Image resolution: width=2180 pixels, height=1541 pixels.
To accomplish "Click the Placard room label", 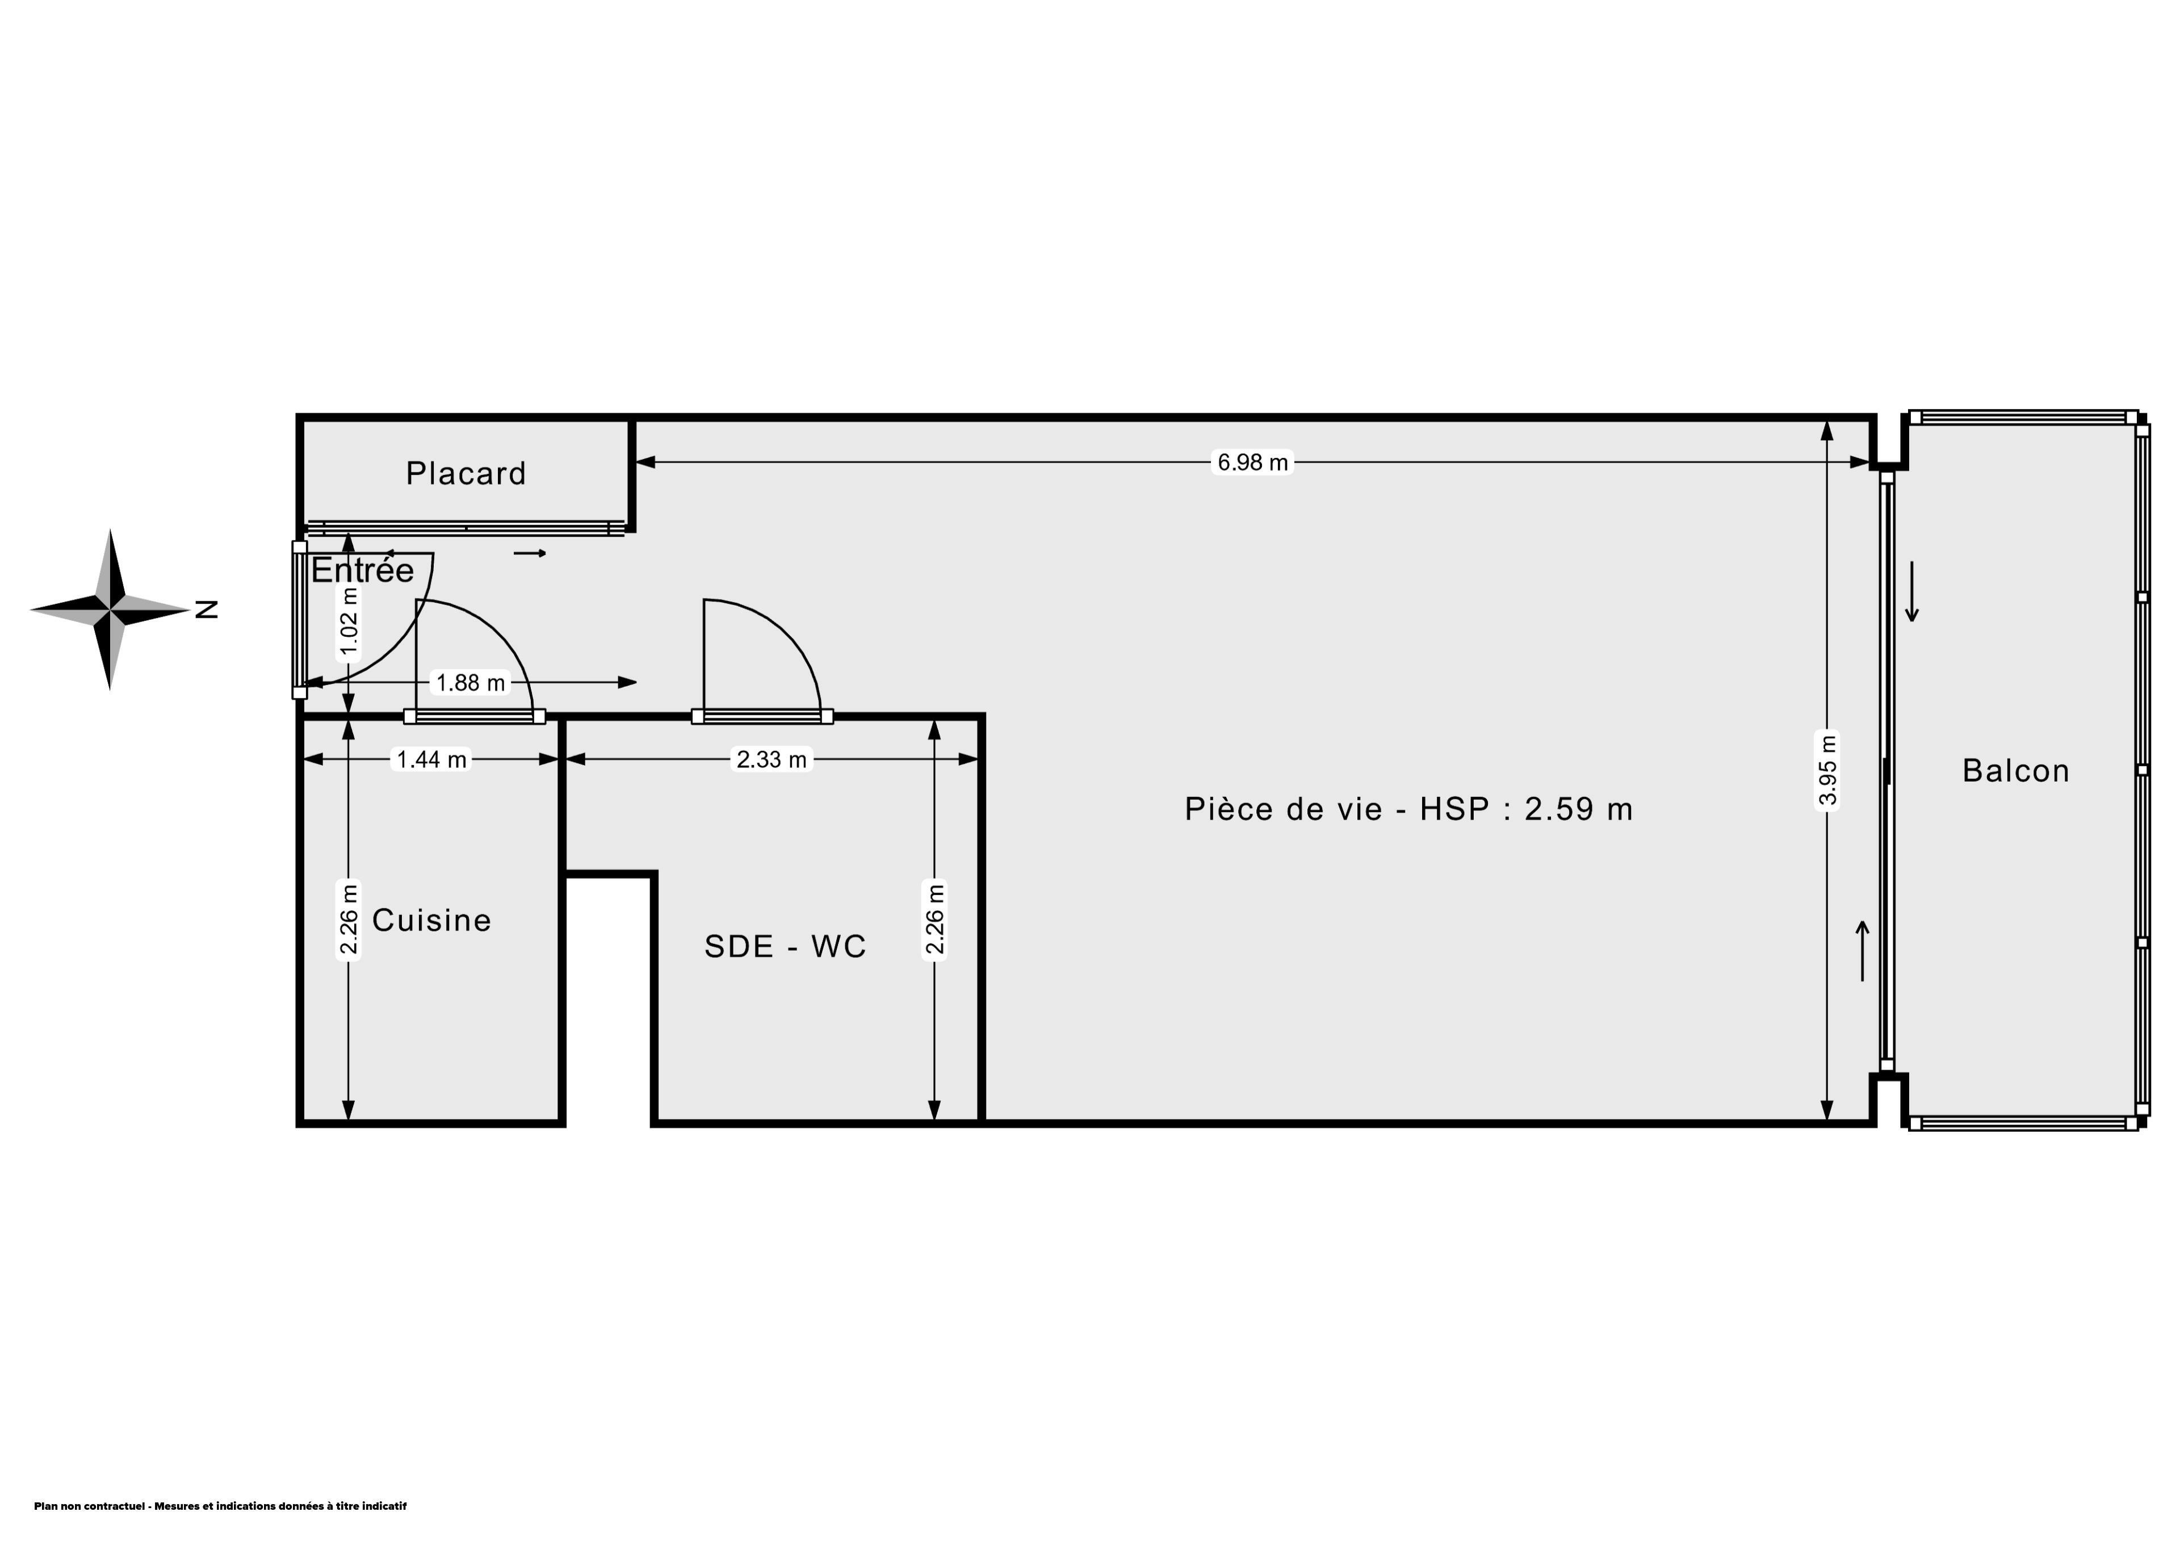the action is point(466,473).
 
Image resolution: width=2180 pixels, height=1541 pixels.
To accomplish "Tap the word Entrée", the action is point(363,570).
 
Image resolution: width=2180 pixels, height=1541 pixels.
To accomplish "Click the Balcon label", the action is point(2016,770).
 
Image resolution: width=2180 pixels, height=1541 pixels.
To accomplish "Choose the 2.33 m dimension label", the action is point(772,759).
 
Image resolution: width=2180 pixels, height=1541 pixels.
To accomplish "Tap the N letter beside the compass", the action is point(207,610).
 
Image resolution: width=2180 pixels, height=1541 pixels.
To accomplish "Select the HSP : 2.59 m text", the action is point(1526,808).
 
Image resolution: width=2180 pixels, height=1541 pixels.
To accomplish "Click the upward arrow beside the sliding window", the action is point(1863,951).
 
